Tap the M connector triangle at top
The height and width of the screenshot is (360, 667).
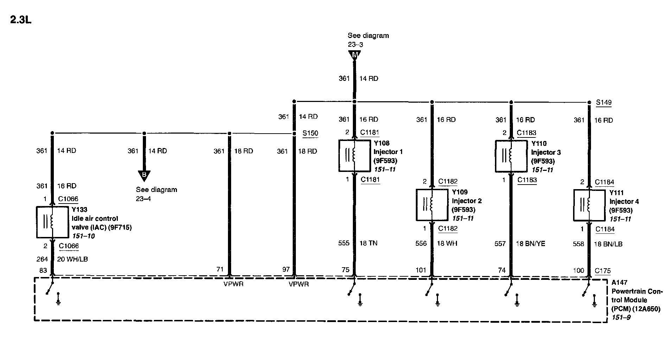point(355,55)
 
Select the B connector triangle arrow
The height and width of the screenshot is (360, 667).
point(144,175)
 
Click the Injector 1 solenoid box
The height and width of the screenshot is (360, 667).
point(354,156)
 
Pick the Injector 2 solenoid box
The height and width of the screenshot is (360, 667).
point(432,205)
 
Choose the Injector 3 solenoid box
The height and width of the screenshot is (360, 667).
point(511,156)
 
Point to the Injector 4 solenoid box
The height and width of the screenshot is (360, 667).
point(589,205)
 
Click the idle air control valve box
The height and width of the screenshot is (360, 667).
point(52,222)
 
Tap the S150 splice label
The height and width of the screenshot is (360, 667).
point(310,133)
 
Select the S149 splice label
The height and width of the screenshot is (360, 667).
point(604,102)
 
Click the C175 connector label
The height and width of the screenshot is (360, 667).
point(603,271)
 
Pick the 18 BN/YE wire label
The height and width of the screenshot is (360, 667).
point(530,244)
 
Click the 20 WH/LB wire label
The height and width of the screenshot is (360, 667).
point(72,259)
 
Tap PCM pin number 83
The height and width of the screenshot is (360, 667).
point(43,271)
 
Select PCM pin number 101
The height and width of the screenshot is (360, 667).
point(421,270)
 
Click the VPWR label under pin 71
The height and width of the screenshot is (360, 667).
point(233,284)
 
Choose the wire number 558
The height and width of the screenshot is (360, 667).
point(578,244)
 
